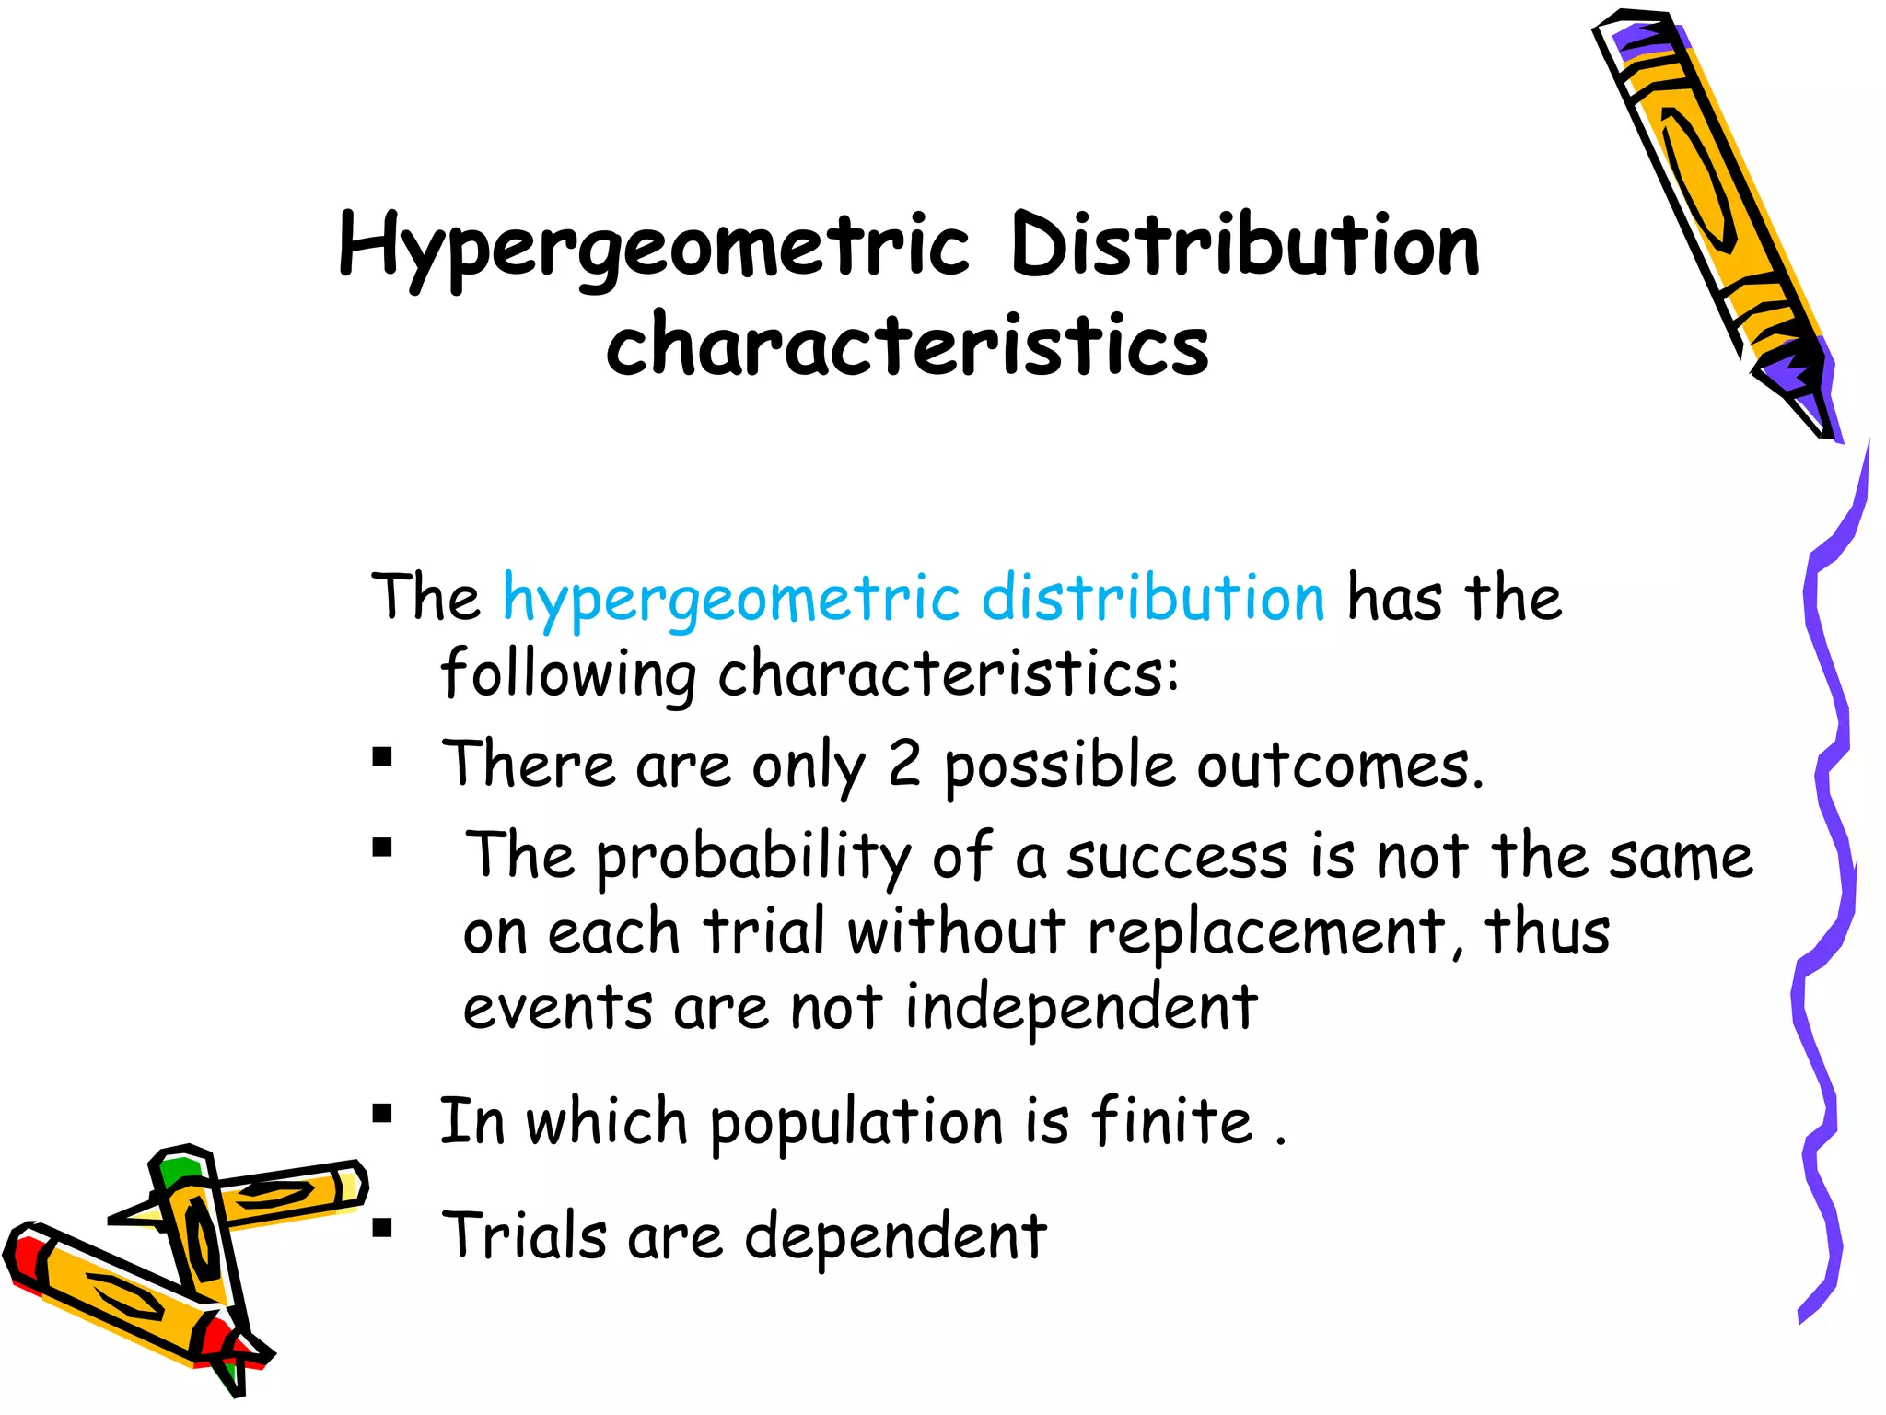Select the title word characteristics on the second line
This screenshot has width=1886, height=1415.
907,345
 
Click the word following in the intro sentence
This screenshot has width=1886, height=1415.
568,674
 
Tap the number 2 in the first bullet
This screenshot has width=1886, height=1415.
904,764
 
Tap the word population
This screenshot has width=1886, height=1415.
856,1123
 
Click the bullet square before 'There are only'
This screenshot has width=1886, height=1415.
382,758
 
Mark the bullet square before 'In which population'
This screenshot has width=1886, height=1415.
382,1115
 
